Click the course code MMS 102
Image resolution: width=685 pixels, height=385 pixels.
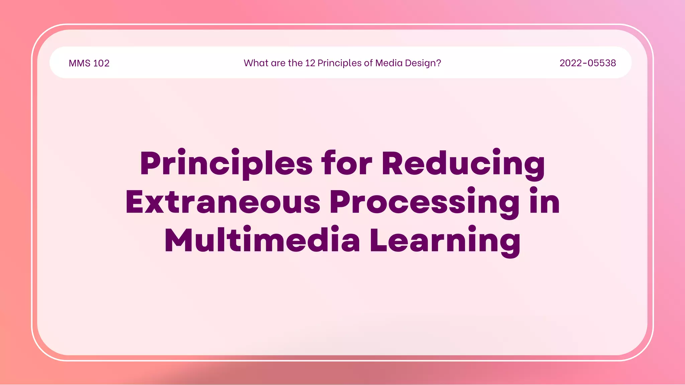[89, 63]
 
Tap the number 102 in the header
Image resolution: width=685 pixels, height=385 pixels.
[101, 63]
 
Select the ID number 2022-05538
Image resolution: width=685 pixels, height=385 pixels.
[588, 63]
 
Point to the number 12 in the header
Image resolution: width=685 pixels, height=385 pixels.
[310, 63]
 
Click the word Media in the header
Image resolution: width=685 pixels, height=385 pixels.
[389, 63]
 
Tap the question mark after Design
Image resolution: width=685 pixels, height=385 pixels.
[438, 63]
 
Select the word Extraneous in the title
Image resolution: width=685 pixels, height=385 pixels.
[223, 202]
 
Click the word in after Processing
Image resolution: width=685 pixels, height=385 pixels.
[544, 202]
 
